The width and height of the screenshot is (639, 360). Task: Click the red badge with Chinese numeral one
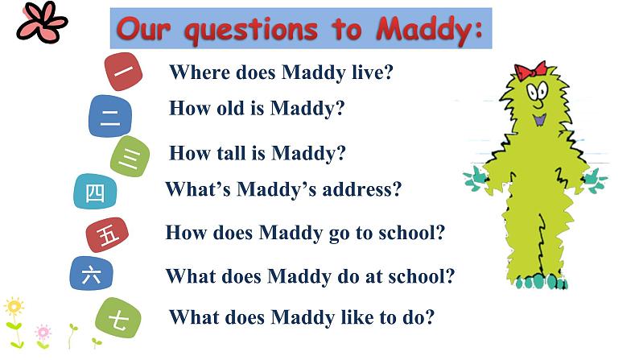[123, 72]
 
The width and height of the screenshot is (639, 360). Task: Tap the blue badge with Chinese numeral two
[110, 116]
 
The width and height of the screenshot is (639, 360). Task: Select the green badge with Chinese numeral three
[130, 156]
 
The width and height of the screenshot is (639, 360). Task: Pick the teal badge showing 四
[95, 191]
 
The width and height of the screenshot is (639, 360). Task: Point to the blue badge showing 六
[91, 273]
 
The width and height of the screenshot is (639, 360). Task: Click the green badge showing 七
[118, 317]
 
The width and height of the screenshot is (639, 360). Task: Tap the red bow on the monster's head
[530, 70]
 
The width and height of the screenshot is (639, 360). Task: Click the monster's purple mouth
[540, 120]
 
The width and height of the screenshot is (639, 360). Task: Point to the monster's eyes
[537, 90]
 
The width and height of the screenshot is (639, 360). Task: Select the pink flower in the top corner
[42, 23]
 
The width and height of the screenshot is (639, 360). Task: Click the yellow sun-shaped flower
[14, 307]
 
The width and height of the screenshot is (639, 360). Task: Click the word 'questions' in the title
[251, 30]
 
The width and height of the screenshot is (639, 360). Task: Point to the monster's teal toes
[542, 282]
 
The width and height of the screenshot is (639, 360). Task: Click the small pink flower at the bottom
[43, 333]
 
